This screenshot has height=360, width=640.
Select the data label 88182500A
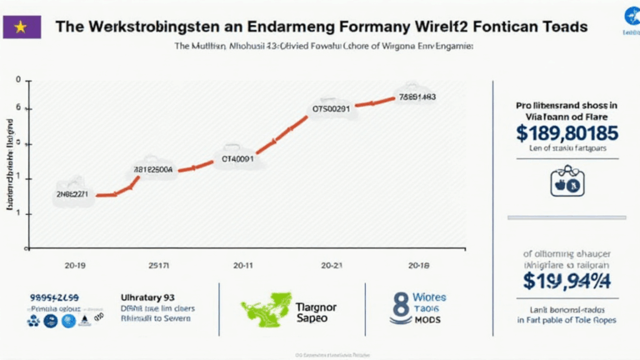(153, 169)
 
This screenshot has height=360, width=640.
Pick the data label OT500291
(331, 107)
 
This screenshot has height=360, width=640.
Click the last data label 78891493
(417, 96)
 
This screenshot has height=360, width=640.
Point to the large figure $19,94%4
(567, 281)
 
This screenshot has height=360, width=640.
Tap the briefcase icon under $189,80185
(567, 181)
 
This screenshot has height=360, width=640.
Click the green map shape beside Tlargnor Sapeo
(267, 308)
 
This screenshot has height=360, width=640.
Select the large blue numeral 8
(398, 307)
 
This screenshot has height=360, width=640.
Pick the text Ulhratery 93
(147, 297)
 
